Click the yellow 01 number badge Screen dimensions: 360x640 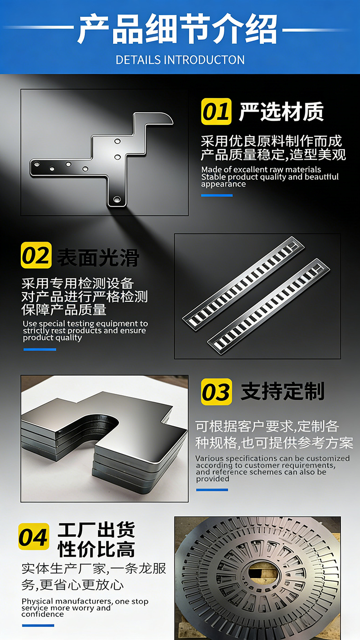tap(216, 111)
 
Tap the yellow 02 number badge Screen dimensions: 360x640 tap(36, 255)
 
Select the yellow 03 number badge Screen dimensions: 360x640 tap(216, 392)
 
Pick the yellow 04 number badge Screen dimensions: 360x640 tap(34, 536)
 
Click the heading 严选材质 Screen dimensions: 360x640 tap(282, 112)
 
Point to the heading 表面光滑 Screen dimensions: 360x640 tap(98, 258)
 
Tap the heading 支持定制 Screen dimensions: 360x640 tap(283, 392)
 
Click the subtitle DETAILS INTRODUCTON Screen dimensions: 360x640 tap(180, 60)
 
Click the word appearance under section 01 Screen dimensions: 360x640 tap(223, 184)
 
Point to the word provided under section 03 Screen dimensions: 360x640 tap(212, 479)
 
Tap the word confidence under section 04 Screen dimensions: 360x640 tap(42, 614)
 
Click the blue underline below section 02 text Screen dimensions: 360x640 tap(40, 350)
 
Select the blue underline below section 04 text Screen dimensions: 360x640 tap(38, 625)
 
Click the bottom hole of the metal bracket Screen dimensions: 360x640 tap(117, 199)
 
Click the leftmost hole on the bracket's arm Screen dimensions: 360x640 tap(37, 164)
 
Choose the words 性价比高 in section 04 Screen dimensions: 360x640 tap(96, 549)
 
